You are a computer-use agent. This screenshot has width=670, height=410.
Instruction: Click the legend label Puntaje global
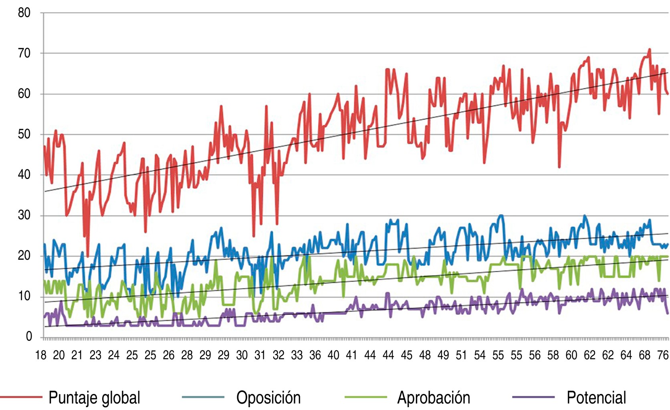coord(94,398)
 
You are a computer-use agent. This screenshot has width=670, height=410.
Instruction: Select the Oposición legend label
coord(268,398)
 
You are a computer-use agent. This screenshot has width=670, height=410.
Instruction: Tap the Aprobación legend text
coord(434,398)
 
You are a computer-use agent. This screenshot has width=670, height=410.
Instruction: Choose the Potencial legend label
coord(596,398)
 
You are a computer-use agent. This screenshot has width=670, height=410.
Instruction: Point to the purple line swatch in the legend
coord(533,397)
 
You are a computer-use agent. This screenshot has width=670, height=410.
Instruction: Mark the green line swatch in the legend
coord(365,397)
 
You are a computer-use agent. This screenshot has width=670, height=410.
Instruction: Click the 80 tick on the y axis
coord(24,13)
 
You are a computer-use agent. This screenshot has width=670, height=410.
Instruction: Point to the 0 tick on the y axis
coord(29,336)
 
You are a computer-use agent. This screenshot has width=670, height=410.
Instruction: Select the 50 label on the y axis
coord(24,134)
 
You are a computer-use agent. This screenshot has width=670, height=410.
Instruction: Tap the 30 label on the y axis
coord(24,215)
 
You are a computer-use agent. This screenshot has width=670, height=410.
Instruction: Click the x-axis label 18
coord(40,355)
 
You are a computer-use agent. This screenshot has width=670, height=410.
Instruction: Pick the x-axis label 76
coord(663,355)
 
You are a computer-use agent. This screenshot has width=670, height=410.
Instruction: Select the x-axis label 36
coord(315,355)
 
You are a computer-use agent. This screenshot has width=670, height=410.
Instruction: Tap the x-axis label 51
coord(461,355)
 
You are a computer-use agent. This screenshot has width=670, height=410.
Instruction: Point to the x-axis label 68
coord(644,355)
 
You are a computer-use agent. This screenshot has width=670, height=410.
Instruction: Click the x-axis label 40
coord(333,355)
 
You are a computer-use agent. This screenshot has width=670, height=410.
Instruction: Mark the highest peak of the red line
coord(650,50)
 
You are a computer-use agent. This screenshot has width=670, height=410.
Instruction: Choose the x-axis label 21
coord(77,355)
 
